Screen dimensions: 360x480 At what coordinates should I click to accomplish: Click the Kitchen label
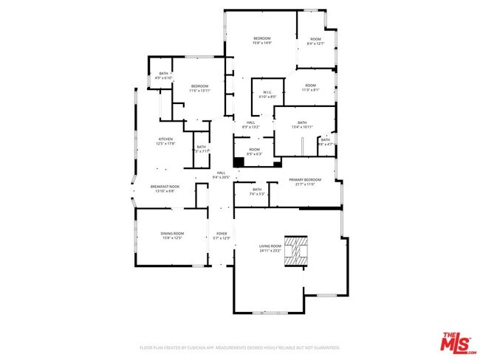[x=165, y=141]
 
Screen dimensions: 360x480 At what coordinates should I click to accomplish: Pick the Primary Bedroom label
[x=304, y=181]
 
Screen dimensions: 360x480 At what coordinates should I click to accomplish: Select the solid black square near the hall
[x=239, y=162]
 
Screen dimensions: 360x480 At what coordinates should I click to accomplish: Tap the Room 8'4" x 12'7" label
[x=315, y=41]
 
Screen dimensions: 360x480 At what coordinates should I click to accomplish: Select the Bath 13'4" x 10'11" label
[x=302, y=125]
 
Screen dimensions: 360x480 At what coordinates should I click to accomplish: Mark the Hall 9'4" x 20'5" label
[x=221, y=175]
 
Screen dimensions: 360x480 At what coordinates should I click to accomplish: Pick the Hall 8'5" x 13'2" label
[x=251, y=125]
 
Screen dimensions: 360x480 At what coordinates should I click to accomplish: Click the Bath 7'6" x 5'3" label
[x=257, y=192]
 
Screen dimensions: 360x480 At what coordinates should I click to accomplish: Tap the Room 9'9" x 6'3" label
[x=254, y=151]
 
